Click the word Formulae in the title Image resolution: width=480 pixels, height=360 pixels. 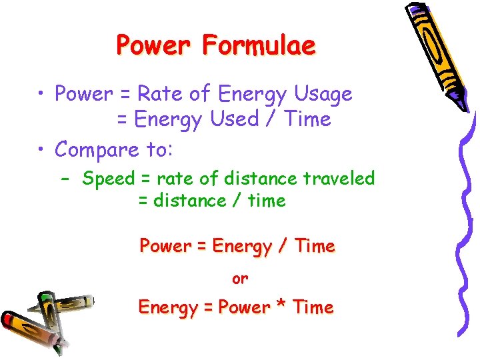259,45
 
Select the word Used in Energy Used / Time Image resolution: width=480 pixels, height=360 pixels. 234,119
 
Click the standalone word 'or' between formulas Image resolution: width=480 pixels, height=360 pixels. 240,279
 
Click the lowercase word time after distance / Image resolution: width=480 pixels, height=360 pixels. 266,201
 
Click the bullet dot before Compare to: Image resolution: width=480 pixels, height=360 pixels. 41,150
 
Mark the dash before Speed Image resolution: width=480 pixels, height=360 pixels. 67,179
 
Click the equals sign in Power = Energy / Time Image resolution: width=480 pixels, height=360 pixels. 201,247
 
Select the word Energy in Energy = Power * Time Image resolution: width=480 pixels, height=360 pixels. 164,307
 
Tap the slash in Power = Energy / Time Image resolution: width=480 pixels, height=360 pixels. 284,247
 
